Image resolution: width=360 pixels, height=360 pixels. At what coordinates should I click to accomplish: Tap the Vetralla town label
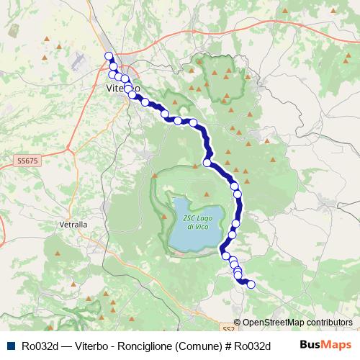click(73, 225)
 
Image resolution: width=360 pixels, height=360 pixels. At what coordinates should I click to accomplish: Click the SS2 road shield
click(228, 326)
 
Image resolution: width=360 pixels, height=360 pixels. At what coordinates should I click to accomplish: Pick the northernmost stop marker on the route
click(109, 56)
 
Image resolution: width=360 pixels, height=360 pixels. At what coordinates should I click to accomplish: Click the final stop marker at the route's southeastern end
click(251, 284)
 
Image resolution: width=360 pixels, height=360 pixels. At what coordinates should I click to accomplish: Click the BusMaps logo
click(326, 345)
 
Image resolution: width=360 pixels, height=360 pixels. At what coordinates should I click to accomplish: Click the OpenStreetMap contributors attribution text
click(297, 323)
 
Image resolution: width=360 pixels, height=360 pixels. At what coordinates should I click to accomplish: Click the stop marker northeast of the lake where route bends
click(207, 163)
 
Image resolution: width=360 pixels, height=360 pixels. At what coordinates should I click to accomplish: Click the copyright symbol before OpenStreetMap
click(238, 323)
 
